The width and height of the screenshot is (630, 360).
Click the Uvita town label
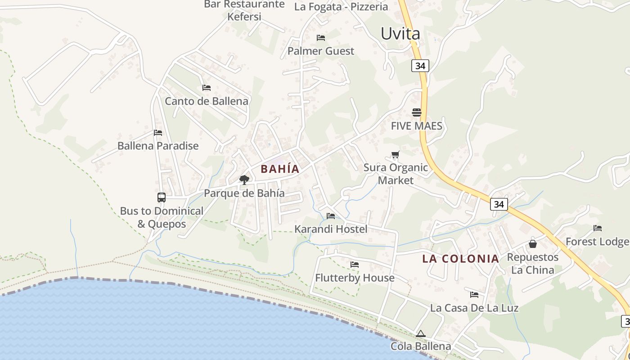[x=400, y=34]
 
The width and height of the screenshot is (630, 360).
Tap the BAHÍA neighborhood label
[x=280, y=169]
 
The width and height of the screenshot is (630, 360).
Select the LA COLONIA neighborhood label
[x=460, y=259]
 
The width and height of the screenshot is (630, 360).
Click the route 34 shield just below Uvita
[x=420, y=66]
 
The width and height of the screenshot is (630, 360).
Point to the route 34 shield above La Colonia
[x=499, y=204]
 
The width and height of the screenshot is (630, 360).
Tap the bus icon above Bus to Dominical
[x=161, y=197]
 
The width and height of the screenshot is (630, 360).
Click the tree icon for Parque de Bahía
[x=244, y=180]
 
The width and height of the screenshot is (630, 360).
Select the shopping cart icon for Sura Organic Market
[x=395, y=155]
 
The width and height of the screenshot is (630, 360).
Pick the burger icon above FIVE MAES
[x=416, y=112]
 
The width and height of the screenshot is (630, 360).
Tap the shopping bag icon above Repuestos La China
[x=533, y=244]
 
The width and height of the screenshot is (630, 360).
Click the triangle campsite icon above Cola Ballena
[x=420, y=333]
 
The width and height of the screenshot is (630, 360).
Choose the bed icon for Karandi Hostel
[x=331, y=216]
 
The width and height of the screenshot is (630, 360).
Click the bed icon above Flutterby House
[x=355, y=265]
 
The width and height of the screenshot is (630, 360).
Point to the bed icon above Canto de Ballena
[x=206, y=87]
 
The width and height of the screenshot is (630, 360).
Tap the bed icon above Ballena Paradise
[x=157, y=133]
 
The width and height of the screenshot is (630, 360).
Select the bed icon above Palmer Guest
[x=321, y=37]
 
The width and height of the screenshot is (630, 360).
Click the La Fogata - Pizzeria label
[x=341, y=7]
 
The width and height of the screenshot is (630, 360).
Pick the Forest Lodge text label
[x=597, y=242]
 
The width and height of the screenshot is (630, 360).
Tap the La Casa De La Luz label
[x=474, y=308]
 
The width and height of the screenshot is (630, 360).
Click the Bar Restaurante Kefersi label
[x=244, y=10]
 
